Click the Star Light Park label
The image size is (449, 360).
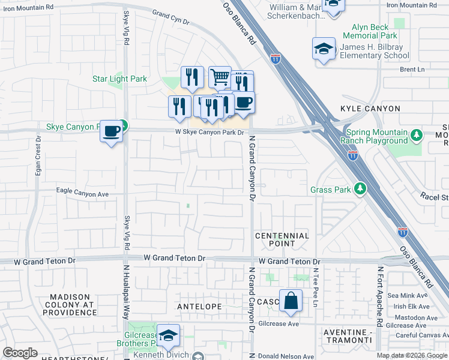(x=119, y=79)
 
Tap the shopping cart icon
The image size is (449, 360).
(x=220, y=76)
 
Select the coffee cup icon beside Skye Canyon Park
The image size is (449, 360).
(x=111, y=130)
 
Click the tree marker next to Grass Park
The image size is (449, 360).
(x=360, y=189)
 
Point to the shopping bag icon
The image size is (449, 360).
(x=291, y=302)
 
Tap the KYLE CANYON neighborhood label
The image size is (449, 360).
(x=370, y=109)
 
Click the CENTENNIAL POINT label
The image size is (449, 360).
(x=282, y=239)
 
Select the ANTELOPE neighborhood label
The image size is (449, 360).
(x=200, y=307)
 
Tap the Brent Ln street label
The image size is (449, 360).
(x=412, y=70)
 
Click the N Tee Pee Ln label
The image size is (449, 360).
(x=315, y=289)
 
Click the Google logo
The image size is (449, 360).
(x=20, y=353)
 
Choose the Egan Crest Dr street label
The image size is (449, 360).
(x=38, y=157)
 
